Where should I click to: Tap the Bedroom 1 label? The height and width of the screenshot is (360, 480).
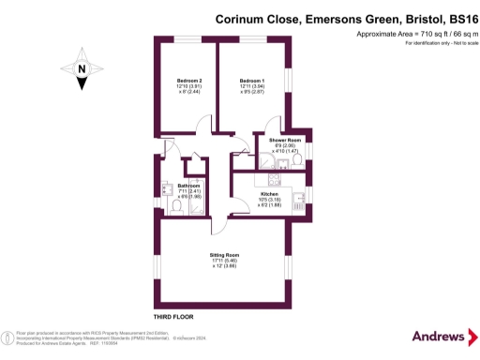pos(251,81)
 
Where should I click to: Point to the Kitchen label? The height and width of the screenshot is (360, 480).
pos(270,193)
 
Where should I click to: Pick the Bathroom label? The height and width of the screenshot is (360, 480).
pos(190,186)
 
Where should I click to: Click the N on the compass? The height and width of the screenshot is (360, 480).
pos(82,69)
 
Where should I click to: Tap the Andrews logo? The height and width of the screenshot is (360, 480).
pos(439,336)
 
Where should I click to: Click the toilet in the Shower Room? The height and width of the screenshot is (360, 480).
pos(297,160)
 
